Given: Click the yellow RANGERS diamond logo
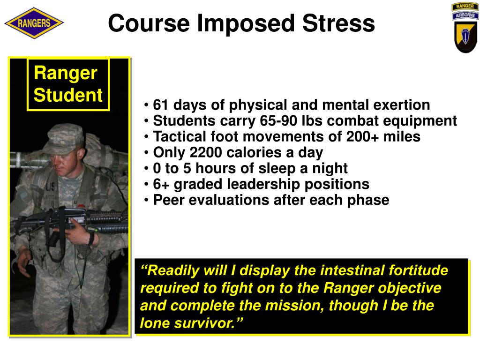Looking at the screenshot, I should click(34, 23).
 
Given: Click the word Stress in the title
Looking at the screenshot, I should click(338, 23).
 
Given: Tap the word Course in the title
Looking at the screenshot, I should click(149, 23).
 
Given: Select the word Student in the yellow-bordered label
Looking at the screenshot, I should click(68, 95).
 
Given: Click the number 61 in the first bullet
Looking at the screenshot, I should click(161, 105).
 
